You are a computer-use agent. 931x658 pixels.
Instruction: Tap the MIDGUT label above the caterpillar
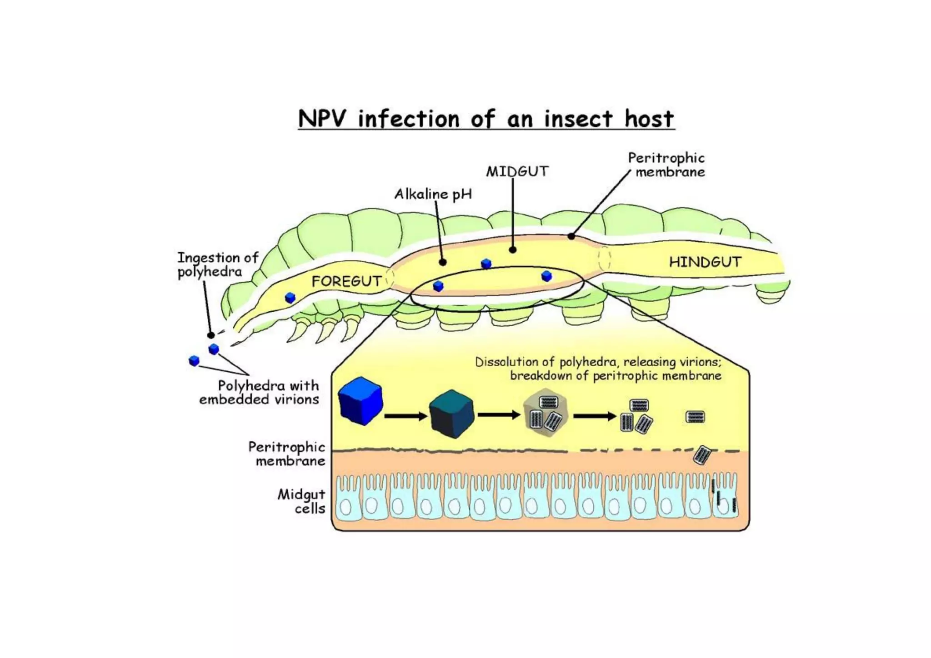point(517,171)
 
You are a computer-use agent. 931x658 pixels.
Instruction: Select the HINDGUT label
point(705,262)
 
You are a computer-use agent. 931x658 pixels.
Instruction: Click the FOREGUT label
point(346,281)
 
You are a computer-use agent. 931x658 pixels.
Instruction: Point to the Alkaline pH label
point(433,194)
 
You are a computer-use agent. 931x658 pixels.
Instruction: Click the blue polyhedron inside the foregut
point(290,298)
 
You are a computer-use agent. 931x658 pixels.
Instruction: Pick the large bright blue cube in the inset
point(360,400)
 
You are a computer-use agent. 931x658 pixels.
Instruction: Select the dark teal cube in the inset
point(451,414)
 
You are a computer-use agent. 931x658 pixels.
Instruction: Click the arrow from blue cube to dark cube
point(405,416)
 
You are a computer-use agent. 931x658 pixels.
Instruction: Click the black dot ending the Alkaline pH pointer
point(443,262)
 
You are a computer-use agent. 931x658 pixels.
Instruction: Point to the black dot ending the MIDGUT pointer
point(513,249)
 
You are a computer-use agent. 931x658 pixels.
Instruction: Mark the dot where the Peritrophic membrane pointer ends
point(571,236)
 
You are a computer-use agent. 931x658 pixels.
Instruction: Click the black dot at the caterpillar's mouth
point(210,335)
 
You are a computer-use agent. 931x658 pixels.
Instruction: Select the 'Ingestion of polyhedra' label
point(217,264)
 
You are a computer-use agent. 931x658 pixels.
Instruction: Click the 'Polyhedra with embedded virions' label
point(260,392)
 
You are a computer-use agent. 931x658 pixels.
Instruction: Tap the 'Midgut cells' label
point(302,501)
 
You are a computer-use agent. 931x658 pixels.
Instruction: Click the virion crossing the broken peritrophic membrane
point(702,455)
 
